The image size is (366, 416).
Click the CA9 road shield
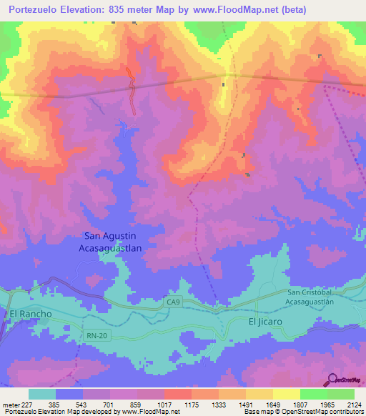173,303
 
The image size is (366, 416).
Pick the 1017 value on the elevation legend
164,404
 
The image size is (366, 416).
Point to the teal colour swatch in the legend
41,394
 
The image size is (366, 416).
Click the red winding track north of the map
132,89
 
